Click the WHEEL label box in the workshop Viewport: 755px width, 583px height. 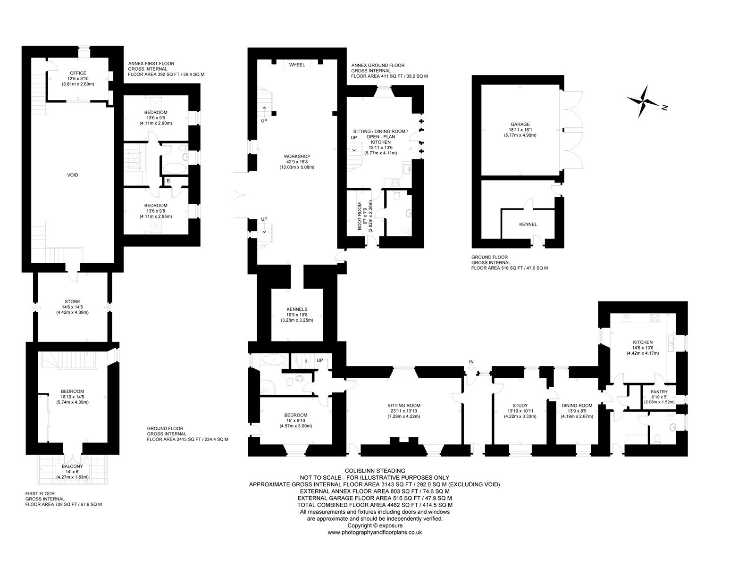(x=297, y=65)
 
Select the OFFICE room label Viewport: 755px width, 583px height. (x=78, y=73)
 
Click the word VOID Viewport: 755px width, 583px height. (x=73, y=175)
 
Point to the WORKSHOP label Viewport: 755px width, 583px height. (x=297, y=156)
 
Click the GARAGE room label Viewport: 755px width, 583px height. (x=520, y=125)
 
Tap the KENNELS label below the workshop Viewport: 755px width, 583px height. (x=297, y=309)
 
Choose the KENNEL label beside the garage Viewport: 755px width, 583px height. (x=528, y=225)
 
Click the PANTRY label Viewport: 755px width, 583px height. (x=659, y=391)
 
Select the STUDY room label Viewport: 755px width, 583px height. (x=520, y=405)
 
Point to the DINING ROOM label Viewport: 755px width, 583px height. (x=577, y=405)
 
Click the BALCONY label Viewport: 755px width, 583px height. (x=72, y=466)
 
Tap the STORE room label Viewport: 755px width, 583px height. (x=72, y=301)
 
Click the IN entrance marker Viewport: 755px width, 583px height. (x=471, y=361)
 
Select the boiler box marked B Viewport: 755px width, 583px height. (x=168, y=181)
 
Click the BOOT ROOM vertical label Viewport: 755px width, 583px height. (x=360, y=217)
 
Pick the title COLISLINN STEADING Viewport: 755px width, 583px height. (x=374, y=471)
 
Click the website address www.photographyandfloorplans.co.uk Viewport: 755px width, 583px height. (x=375, y=533)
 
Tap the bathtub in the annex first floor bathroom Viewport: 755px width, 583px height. (x=175, y=169)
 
